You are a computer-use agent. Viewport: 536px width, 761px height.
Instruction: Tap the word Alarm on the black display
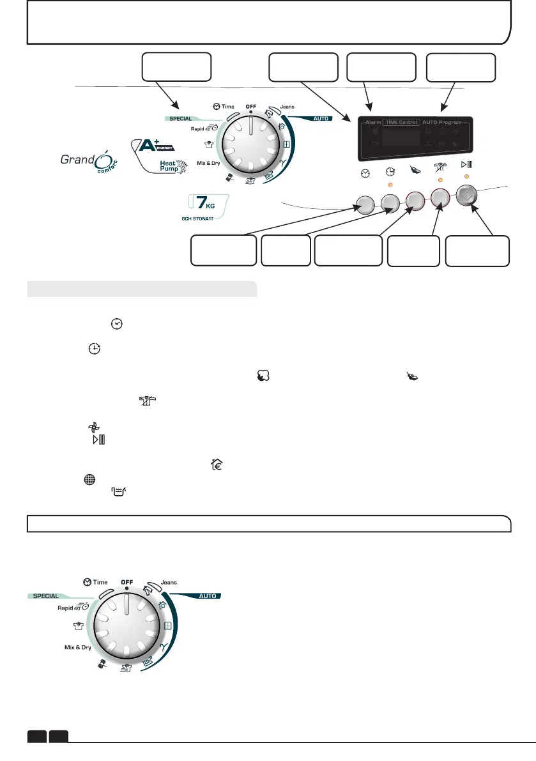pos(373,122)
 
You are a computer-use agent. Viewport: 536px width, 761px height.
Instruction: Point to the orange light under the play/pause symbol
pos(468,176)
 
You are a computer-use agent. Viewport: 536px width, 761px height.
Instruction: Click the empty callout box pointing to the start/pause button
pos(477,251)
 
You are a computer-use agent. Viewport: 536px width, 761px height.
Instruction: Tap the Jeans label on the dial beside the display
pos(287,107)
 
